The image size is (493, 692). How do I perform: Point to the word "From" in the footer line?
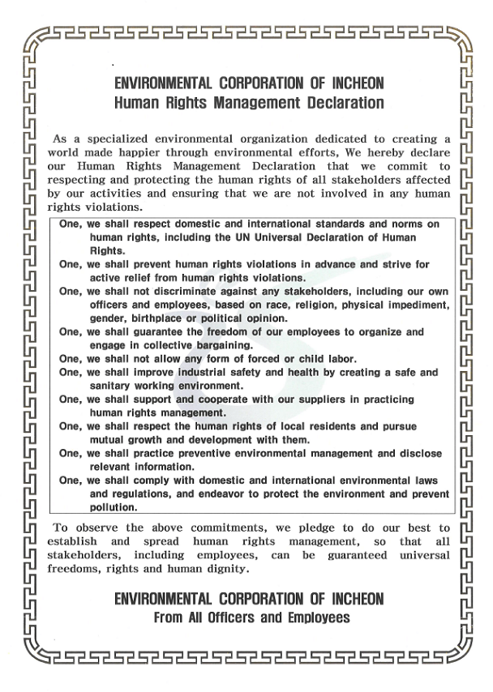(x=173, y=617)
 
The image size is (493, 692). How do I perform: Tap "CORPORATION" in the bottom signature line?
(x=259, y=599)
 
